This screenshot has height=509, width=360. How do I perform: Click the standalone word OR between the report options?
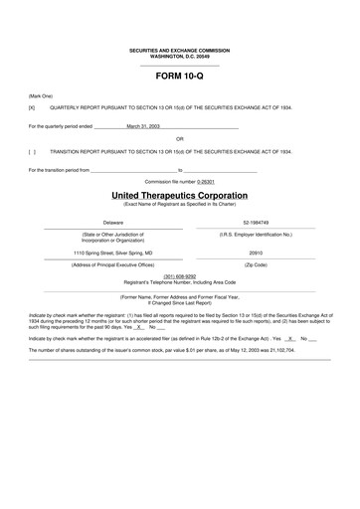179,139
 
